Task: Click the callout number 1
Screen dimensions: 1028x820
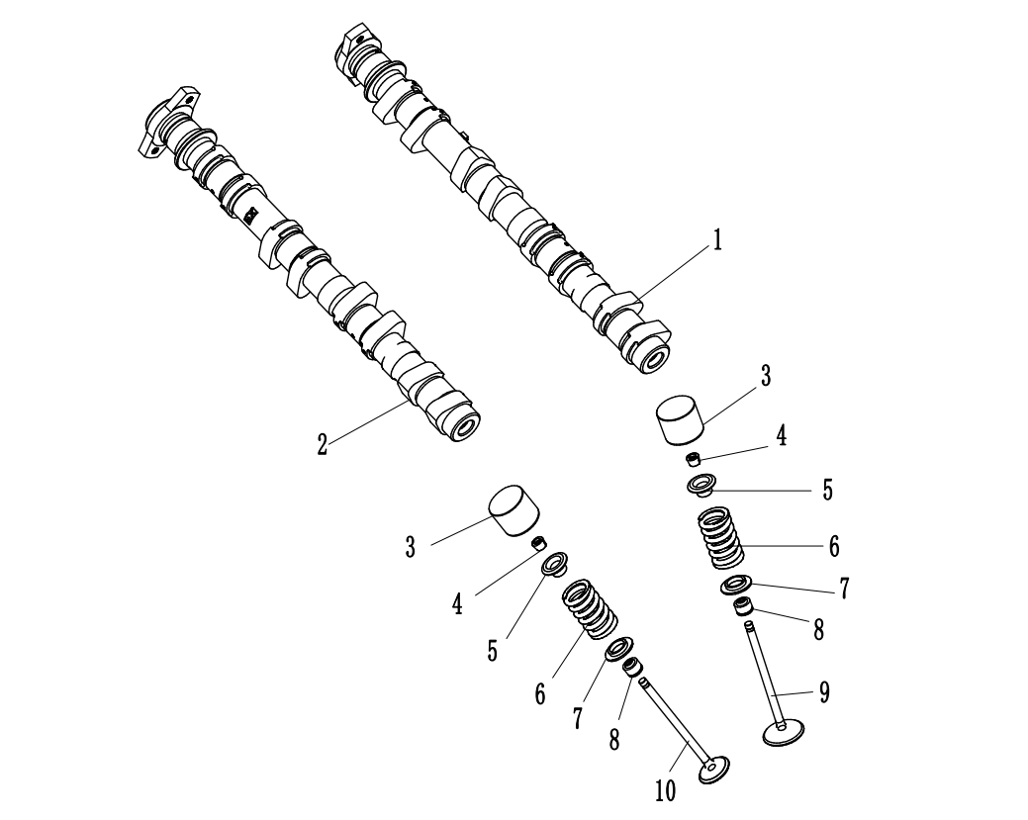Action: (x=717, y=240)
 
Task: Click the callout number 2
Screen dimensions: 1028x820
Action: (x=322, y=445)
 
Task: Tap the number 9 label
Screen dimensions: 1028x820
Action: (x=824, y=691)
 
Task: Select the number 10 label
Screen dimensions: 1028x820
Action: (x=665, y=791)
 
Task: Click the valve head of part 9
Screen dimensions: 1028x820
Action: (x=784, y=732)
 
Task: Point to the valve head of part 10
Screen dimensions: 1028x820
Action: (x=713, y=769)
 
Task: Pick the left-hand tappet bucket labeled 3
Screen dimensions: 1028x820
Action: (x=514, y=510)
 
